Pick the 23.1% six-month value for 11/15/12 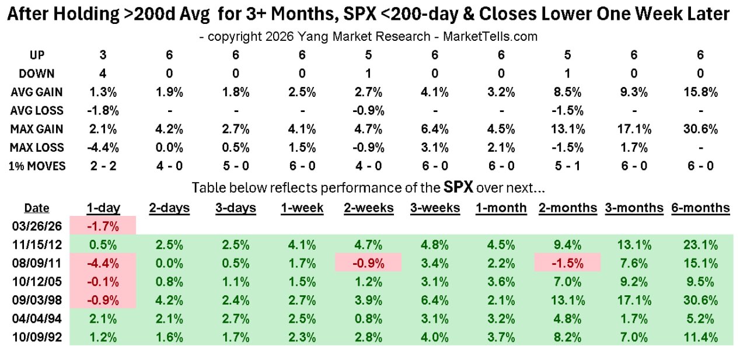pos(700,244)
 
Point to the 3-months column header pos(634,208)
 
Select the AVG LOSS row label pos(37,110)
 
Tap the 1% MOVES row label pos(37,166)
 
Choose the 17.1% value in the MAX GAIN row pos(634,128)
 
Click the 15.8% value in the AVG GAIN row pos(700,92)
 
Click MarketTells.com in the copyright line pos(490,36)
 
